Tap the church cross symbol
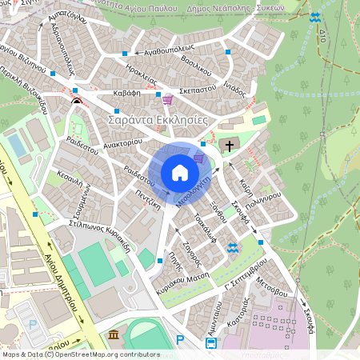230,146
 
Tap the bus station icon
210,343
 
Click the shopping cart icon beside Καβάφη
167,99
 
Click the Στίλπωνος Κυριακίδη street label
89,236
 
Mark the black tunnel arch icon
76,102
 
